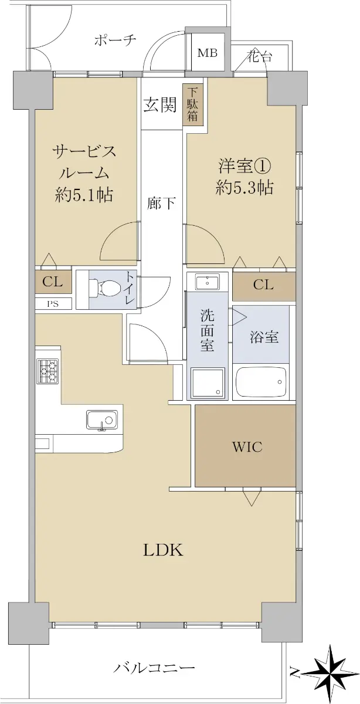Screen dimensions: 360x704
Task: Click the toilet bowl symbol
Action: click(105, 288)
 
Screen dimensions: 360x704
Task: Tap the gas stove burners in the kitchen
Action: click(48, 371)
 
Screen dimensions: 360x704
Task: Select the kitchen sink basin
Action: click(102, 420)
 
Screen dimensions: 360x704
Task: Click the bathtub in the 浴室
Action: click(261, 382)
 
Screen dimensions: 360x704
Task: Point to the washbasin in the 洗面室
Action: click(208, 280)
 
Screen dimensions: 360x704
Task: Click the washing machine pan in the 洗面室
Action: click(208, 383)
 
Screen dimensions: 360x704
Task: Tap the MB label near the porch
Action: click(208, 53)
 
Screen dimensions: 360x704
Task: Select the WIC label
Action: click(247, 446)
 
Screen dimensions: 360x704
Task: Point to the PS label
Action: click(53, 304)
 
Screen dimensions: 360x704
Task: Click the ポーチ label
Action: click(116, 41)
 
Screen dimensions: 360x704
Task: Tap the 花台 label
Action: click(259, 56)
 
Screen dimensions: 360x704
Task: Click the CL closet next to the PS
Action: click(53, 282)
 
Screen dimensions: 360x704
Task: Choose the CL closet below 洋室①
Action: click(264, 285)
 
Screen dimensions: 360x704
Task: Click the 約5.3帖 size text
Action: click(244, 188)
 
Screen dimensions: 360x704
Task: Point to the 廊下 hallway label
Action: click(161, 204)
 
